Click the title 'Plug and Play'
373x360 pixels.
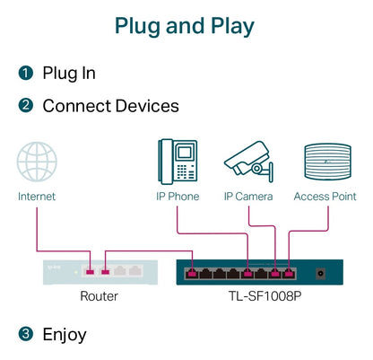pyautogui.click(x=186, y=25)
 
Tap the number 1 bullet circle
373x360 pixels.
pyautogui.click(x=26, y=73)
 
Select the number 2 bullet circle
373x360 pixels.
pyautogui.click(x=26, y=106)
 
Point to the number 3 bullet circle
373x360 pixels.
pyautogui.click(x=26, y=335)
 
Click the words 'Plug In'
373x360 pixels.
pyautogui.click(x=69, y=73)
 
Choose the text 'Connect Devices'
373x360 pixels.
pyautogui.click(x=110, y=106)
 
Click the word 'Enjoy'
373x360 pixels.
pyautogui.click(x=65, y=335)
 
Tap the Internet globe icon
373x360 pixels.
pyautogui.click(x=37, y=162)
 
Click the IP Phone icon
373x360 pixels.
pyautogui.click(x=177, y=161)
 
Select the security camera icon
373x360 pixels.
pyautogui.click(x=247, y=160)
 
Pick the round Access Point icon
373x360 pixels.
pyautogui.click(x=325, y=162)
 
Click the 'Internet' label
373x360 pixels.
pyautogui.click(x=37, y=196)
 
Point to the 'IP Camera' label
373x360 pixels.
pyautogui.click(x=247, y=196)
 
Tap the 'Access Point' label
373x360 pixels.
pyautogui.click(x=325, y=196)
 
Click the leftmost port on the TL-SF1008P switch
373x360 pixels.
pyautogui.click(x=192, y=272)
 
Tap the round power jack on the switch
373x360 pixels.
pyautogui.click(x=319, y=271)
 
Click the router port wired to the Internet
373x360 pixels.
pyautogui.click(x=91, y=270)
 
